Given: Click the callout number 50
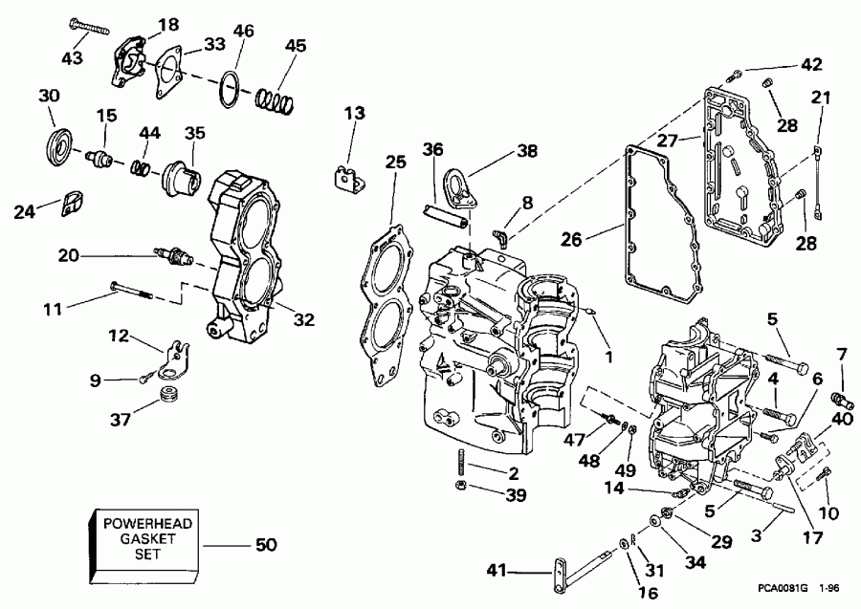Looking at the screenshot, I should pyautogui.click(x=265, y=546).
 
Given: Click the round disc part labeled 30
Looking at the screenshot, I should pyautogui.click(x=58, y=144).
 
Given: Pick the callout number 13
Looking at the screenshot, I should pyautogui.click(x=355, y=115).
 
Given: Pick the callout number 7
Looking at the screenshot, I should pyautogui.click(x=841, y=356).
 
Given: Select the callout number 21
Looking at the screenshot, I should pyautogui.click(x=821, y=98).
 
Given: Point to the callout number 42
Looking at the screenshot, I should pyautogui.click(x=810, y=65).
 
